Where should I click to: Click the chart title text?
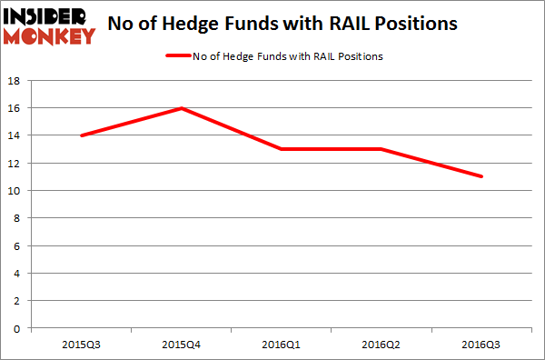[297, 25]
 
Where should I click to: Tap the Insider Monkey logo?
[49, 25]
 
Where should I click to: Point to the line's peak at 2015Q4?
[183, 108]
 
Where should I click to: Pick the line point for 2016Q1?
[282, 149]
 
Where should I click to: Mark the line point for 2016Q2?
[381, 149]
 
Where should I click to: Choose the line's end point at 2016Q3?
[481, 176]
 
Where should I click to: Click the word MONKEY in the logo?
[49, 35]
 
